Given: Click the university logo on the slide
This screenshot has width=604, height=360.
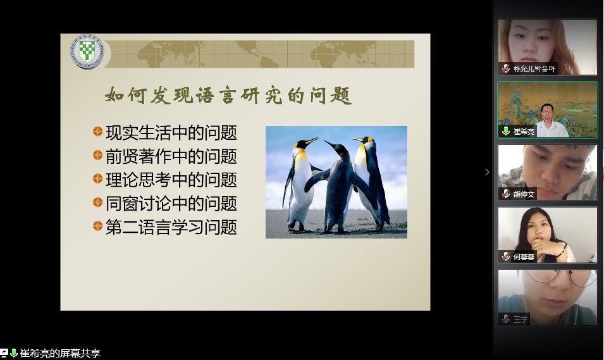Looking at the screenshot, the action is [x=87, y=51].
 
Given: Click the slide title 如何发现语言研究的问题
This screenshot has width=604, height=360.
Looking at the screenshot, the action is [x=228, y=95].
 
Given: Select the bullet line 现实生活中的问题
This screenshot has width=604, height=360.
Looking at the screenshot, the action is [x=171, y=133].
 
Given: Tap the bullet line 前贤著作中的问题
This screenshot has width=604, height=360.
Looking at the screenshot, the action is [x=171, y=156].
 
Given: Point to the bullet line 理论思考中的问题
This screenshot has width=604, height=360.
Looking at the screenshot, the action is [x=171, y=180].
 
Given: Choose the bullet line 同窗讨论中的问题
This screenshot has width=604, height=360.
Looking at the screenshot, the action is [x=171, y=203].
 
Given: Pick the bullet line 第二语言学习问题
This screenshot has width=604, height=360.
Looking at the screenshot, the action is [x=171, y=227].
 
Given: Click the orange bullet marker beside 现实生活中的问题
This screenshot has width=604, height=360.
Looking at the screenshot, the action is [x=97, y=132].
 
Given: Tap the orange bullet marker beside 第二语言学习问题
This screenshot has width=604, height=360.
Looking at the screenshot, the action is [x=97, y=226].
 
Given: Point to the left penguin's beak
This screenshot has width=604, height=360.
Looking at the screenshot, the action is [x=312, y=140].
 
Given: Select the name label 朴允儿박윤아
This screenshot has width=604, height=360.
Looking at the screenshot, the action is [x=534, y=69].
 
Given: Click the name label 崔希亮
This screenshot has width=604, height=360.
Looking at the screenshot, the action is [x=524, y=132].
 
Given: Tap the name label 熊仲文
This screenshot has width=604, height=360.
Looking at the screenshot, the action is [x=524, y=194].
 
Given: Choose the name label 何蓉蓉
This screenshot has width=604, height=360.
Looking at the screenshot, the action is [x=524, y=257].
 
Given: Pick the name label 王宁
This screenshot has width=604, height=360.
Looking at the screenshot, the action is [x=520, y=319].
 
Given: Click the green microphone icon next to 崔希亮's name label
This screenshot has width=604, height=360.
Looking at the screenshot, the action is [x=506, y=132].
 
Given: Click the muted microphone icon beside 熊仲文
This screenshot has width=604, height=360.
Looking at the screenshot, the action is [x=506, y=194].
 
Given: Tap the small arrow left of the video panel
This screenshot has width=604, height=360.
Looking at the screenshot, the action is [x=487, y=172].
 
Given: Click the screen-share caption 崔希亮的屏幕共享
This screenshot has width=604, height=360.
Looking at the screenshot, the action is [x=60, y=353].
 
